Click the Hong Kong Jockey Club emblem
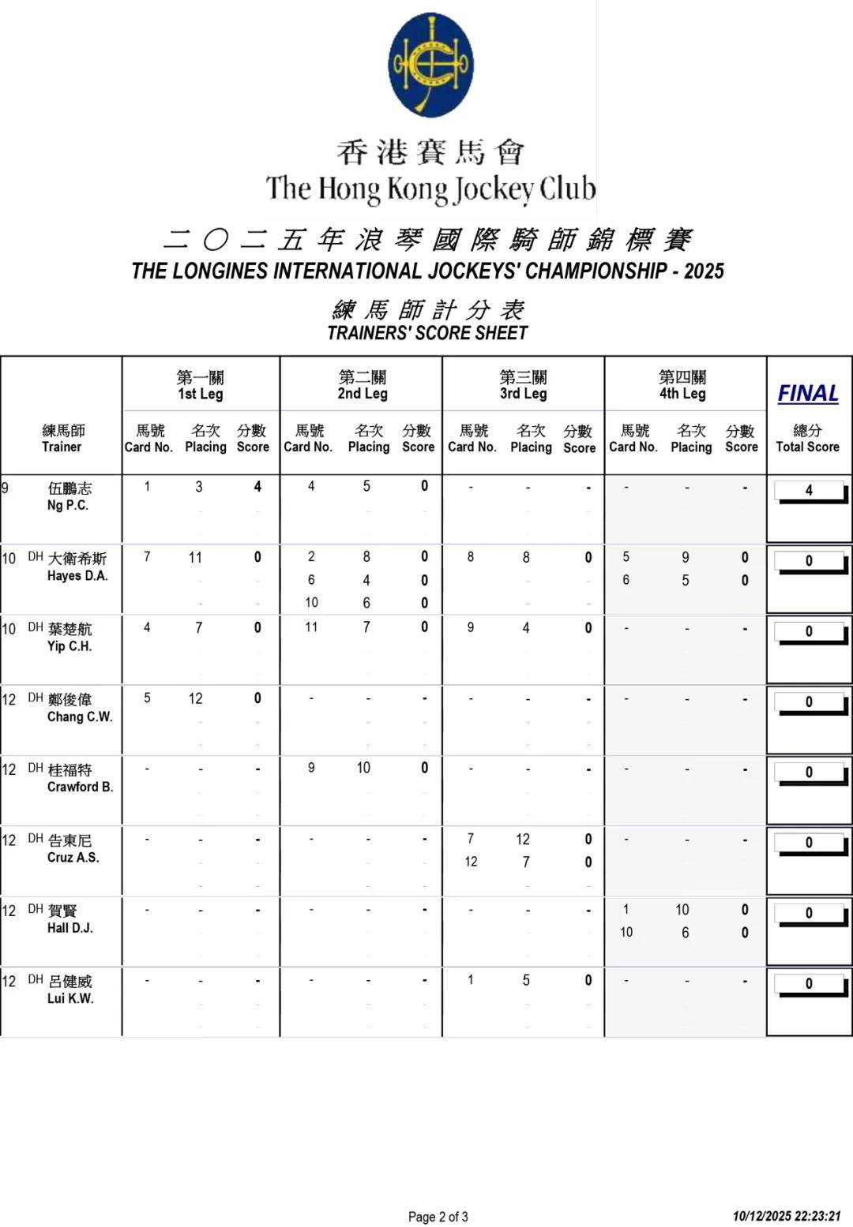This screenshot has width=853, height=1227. (x=430, y=65)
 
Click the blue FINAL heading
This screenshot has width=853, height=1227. (x=807, y=393)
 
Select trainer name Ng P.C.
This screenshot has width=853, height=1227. (x=68, y=505)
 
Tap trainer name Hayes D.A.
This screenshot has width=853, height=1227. (x=77, y=576)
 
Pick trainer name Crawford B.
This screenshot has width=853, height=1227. (x=80, y=787)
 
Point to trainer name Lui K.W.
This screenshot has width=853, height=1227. (x=70, y=998)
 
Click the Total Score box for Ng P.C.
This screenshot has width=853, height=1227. (x=809, y=491)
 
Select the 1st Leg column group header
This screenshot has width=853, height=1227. (x=200, y=385)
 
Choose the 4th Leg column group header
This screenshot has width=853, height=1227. (x=682, y=385)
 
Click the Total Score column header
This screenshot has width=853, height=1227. (x=807, y=439)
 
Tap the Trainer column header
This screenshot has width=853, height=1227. (x=62, y=439)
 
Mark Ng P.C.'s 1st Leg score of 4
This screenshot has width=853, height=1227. (x=257, y=487)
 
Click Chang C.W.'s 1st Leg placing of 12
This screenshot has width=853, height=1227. (x=195, y=698)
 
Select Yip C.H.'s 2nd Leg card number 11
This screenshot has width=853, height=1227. (x=311, y=627)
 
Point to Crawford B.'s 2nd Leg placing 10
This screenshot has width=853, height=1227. (x=363, y=768)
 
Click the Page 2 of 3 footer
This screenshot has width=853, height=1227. (x=438, y=1216)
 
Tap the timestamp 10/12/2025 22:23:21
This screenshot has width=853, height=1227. (x=787, y=1216)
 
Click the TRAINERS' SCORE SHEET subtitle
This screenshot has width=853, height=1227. (x=427, y=333)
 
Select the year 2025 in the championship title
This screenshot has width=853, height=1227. (x=704, y=271)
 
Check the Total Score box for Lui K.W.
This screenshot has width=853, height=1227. (x=809, y=984)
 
